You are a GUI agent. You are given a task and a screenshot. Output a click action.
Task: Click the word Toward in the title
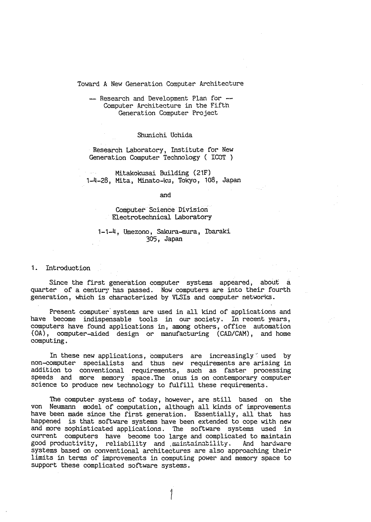pos(88,84)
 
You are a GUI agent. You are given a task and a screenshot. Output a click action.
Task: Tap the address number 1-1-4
pos(107,231)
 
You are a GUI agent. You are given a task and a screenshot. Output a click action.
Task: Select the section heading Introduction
pos(68,268)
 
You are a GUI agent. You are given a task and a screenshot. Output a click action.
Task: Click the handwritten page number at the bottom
pos(171,494)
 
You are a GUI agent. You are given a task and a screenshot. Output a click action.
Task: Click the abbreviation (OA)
pos(39,334)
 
